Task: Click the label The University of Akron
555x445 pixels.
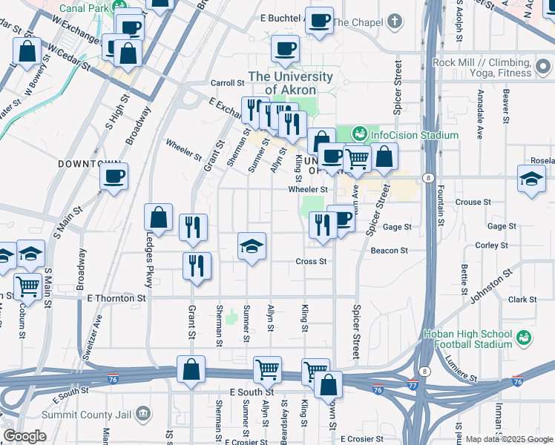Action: tap(290, 83)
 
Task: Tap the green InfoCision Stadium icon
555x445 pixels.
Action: tap(360, 134)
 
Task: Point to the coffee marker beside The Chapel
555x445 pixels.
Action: tap(319, 22)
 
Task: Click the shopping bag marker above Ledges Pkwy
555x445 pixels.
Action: tap(158, 218)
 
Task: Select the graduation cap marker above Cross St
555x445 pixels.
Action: tap(252, 246)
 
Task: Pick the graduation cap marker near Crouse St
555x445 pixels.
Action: tap(532, 179)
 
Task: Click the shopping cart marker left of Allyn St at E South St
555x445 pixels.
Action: tap(266, 369)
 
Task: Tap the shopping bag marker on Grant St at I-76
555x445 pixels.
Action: tap(191, 369)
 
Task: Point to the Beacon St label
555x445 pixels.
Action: tap(393, 251)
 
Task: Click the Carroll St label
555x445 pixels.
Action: tap(227, 83)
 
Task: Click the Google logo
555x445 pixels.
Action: tap(24, 436)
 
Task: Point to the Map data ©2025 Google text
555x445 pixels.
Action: tap(509, 439)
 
